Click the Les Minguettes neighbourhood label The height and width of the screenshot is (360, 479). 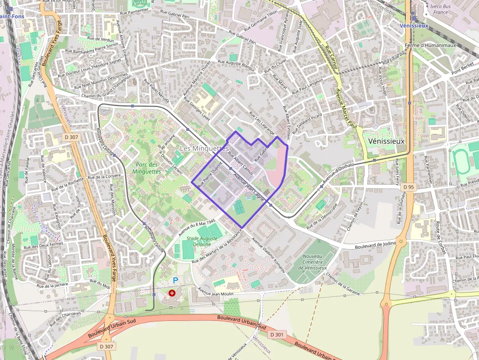point(204,148)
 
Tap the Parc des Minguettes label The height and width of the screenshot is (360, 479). point(147,168)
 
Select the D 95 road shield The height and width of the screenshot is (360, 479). point(409,187)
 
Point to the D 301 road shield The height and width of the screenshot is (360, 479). point(277,335)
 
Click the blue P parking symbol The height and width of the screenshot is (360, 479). point(175,280)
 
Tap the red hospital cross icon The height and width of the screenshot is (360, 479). point(172,293)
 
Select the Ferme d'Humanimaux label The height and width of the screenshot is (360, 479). point(433,45)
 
